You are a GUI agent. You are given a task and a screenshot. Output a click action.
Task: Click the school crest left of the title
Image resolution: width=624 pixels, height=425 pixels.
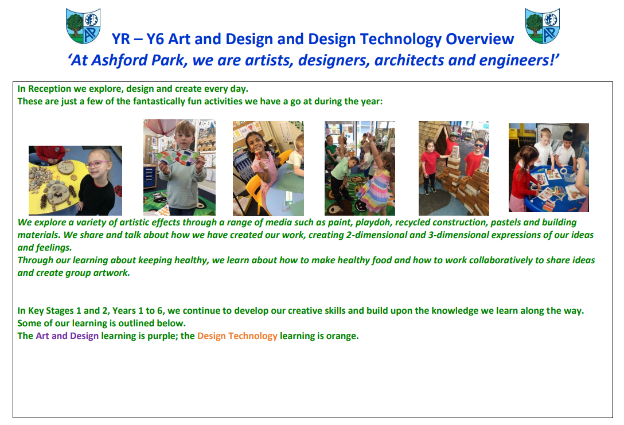pos(83,26)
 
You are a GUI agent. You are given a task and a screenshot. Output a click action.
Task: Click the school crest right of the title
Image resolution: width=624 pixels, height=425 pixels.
pos(543,26)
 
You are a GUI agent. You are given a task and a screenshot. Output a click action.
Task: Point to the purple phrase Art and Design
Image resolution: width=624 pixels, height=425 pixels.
pos(67,336)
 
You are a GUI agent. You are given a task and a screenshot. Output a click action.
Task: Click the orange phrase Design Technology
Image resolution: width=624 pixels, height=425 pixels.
pos(237,336)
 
